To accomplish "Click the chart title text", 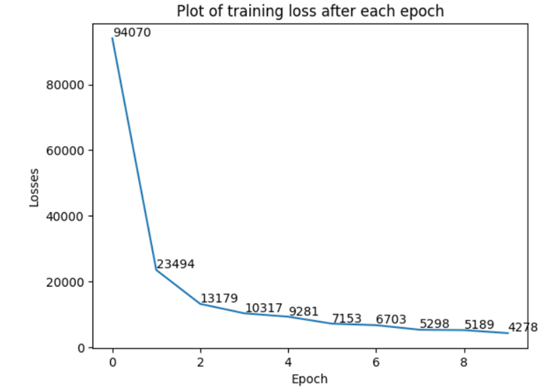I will (x=309, y=11).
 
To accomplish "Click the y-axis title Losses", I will (x=34, y=187).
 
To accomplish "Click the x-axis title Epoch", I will (x=309, y=379).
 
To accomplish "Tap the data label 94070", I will (x=131, y=32).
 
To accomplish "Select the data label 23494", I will (x=175, y=265).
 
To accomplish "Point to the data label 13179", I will (x=219, y=299).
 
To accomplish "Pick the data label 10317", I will (x=264, y=308).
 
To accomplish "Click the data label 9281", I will (x=304, y=311).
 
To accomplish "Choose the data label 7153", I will (x=347, y=318).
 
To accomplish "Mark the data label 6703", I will (x=391, y=320).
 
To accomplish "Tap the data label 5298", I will (x=434, y=324).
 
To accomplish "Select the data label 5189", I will (x=479, y=325).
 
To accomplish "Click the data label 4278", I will (x=523, y=327).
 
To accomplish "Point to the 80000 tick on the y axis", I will (x=68, y=85).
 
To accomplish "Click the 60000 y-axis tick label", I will (x=68, y=151).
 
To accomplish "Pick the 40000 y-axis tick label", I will (x=68, y=216).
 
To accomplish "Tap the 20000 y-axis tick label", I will (x=68, y=282).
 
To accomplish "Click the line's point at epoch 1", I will (x=156, y=270).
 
